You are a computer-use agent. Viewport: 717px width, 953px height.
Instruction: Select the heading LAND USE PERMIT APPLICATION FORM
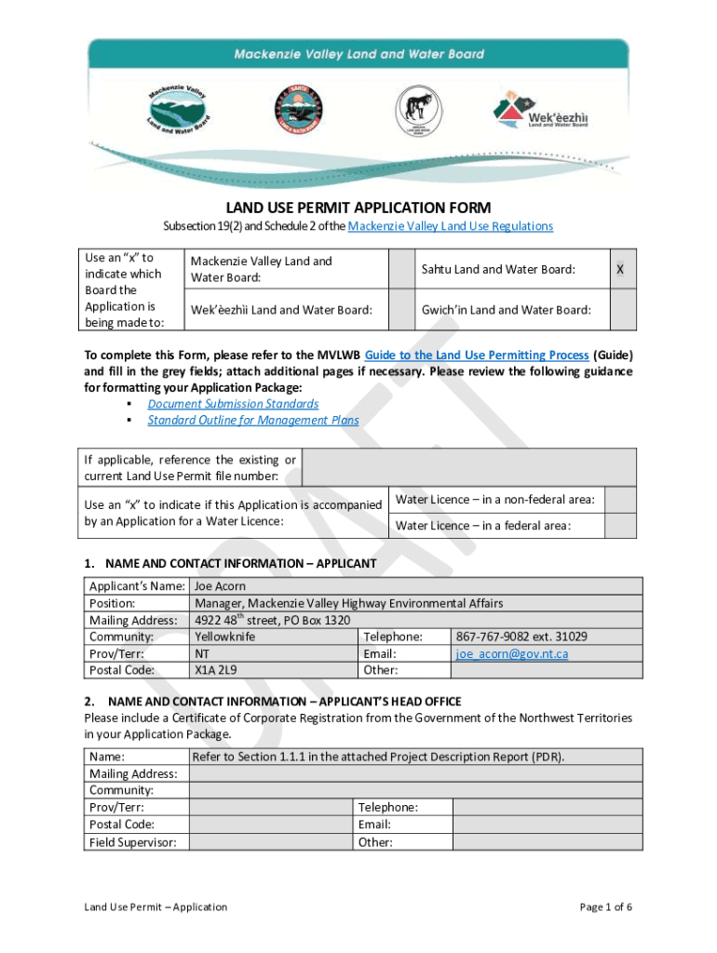[x=358, y=208]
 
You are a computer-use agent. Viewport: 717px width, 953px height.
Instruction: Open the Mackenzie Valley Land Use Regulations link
[x=450, y=226]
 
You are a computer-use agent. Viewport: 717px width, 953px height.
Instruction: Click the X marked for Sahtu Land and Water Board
[x=620, y=269]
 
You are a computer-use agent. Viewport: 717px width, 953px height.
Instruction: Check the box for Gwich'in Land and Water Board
[x=620, y=309]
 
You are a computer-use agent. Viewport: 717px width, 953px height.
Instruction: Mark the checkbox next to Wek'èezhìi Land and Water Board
[x=400, y=309]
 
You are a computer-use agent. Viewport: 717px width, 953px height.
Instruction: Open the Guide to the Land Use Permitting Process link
[x=477, y=355]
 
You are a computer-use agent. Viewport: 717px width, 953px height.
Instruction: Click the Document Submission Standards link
[x=233, y=404]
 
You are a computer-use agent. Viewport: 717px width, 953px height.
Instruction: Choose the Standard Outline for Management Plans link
[x=253, y=420]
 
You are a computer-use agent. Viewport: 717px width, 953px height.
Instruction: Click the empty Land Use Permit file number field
[x=470, y=467]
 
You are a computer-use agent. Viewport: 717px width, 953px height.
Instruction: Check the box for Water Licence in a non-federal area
[x=620, y=500]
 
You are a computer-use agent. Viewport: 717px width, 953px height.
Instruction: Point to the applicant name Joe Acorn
[x=221, y=586]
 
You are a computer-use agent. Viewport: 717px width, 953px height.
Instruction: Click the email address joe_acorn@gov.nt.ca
[x=512, y=653]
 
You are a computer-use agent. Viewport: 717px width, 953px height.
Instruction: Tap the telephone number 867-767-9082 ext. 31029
[x=521, y=637]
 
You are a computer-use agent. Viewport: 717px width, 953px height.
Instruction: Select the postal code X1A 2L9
[x=216, y=670]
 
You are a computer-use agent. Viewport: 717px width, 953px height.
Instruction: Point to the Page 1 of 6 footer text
[x=605, y=906]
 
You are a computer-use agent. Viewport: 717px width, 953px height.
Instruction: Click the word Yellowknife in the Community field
[x=224, y=637]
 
